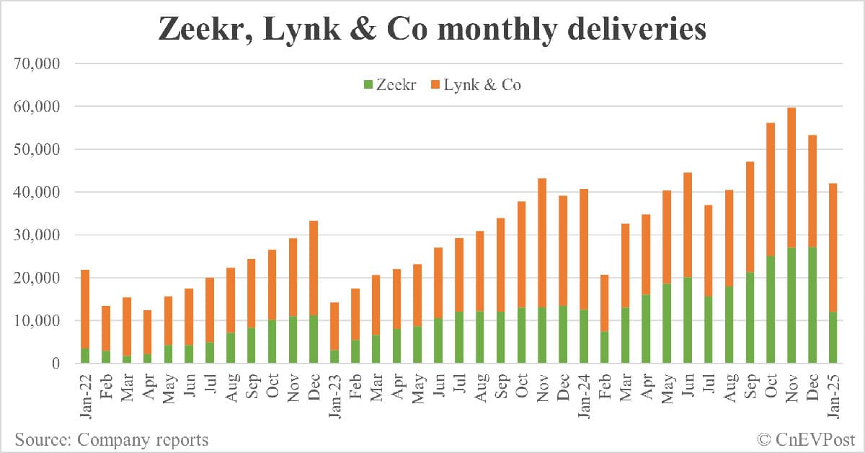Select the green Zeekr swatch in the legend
[x=368, y=85]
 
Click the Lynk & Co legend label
[x=482, y=85]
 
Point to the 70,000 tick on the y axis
[x=37, y=64]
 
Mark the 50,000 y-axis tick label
[x=37, y=150]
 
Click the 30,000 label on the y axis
[x=37, y=235]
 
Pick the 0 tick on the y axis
[x=55, y=364]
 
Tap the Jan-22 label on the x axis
[x=84, y=394]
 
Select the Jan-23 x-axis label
[x=334, y=394]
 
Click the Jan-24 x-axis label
[x=584, y=394]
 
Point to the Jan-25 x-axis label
[x=833, y=394]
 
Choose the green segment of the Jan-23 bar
[x=334, y=356]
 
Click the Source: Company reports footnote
[x=112, y=439]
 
